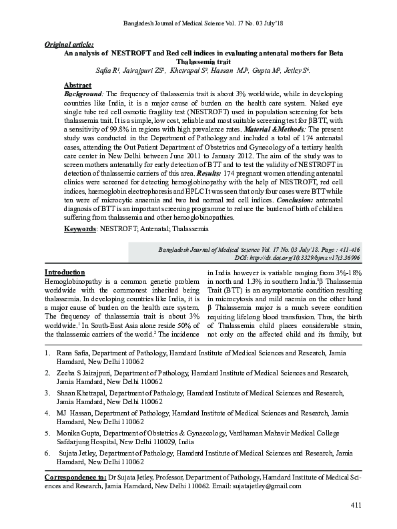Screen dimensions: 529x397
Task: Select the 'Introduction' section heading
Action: click(64, 273)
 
